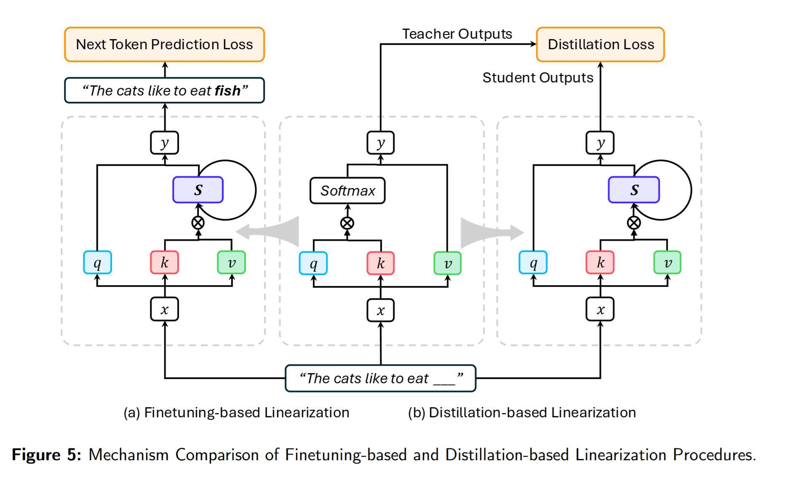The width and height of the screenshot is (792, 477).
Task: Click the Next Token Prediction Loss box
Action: click(164, 45)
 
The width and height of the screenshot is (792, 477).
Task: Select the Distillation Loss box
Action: click(600, 45)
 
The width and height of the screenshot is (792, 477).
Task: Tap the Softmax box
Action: click(347, 191)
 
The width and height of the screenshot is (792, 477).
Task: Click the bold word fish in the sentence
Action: click(227, 91)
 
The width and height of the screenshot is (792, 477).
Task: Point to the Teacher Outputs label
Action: click(457, 34)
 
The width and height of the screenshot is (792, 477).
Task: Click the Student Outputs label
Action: click(538, 78)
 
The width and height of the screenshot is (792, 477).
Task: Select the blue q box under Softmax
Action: click(313, 263)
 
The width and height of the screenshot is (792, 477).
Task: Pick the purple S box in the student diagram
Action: click(634, 190)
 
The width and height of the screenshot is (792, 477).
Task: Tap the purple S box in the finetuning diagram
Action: click(198, 190)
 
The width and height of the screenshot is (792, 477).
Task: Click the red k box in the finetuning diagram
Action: click(164, 262)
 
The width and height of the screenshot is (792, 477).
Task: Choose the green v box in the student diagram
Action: click(667, 262)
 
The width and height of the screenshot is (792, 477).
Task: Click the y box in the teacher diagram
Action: click(381, 143)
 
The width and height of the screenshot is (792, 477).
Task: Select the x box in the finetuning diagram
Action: click(164, 310)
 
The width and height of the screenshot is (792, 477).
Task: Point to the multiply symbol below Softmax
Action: click(347, 223)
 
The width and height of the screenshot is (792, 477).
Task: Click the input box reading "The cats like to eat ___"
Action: click(381, 379)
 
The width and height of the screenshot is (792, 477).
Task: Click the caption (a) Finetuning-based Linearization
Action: click(236, 413)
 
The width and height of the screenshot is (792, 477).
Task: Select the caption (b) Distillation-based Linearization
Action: click(522, 413)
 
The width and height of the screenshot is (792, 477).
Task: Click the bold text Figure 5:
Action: click(46, 455)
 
